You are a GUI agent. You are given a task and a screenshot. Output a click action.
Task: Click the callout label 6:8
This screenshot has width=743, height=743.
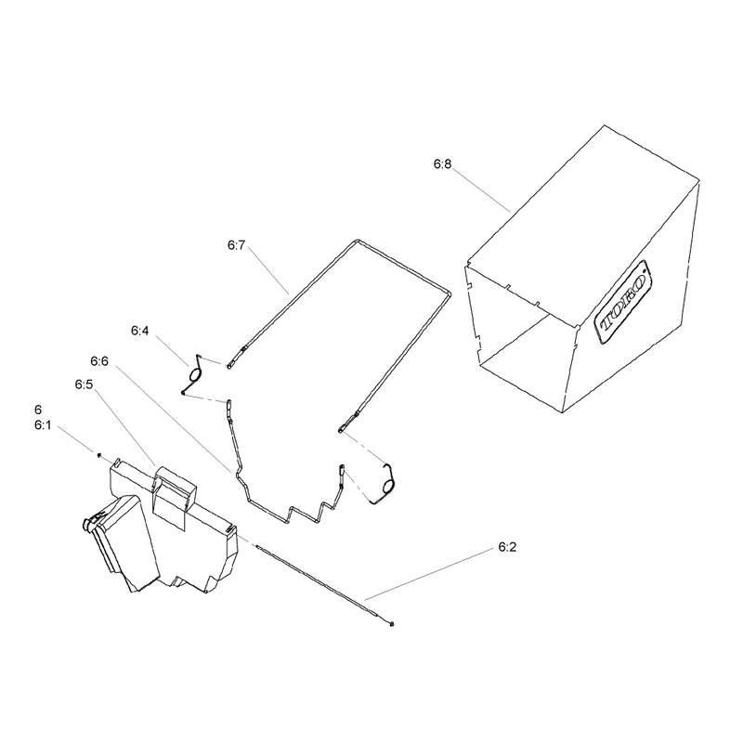tap(443, 164)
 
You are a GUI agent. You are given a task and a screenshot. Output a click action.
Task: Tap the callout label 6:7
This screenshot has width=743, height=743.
tap(237, 245)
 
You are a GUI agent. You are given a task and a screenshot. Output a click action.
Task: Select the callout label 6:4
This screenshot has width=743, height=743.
tap(140, 331)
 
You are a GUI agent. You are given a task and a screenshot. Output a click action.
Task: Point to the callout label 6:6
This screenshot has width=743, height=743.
tap(99, 361)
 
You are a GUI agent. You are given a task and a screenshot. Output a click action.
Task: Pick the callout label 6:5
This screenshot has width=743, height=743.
tap(84, 385)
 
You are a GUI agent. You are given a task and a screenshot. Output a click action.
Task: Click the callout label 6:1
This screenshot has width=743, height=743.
tap(43, 425)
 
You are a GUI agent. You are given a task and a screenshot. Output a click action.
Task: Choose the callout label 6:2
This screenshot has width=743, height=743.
tap(507, 547)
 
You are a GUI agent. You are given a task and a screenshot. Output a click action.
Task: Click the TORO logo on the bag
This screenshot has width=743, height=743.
tap(622, 302)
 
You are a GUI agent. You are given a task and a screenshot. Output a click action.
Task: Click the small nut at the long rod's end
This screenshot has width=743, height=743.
tap(391, 623)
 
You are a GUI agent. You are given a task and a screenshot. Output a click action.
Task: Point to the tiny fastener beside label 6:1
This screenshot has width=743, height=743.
tap(99, 455)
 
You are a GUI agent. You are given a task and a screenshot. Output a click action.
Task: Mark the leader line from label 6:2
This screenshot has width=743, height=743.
tap(429, 574)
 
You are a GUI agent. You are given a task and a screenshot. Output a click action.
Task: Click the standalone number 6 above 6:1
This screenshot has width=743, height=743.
tap(38, 410)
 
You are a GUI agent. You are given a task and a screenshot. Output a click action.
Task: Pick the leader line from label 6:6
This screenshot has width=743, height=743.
tap(172, 419)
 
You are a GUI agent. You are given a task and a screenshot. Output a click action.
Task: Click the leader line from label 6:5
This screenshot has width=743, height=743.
tap(125, 427)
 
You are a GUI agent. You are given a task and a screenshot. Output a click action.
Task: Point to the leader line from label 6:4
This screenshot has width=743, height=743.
tap(173, 350)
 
